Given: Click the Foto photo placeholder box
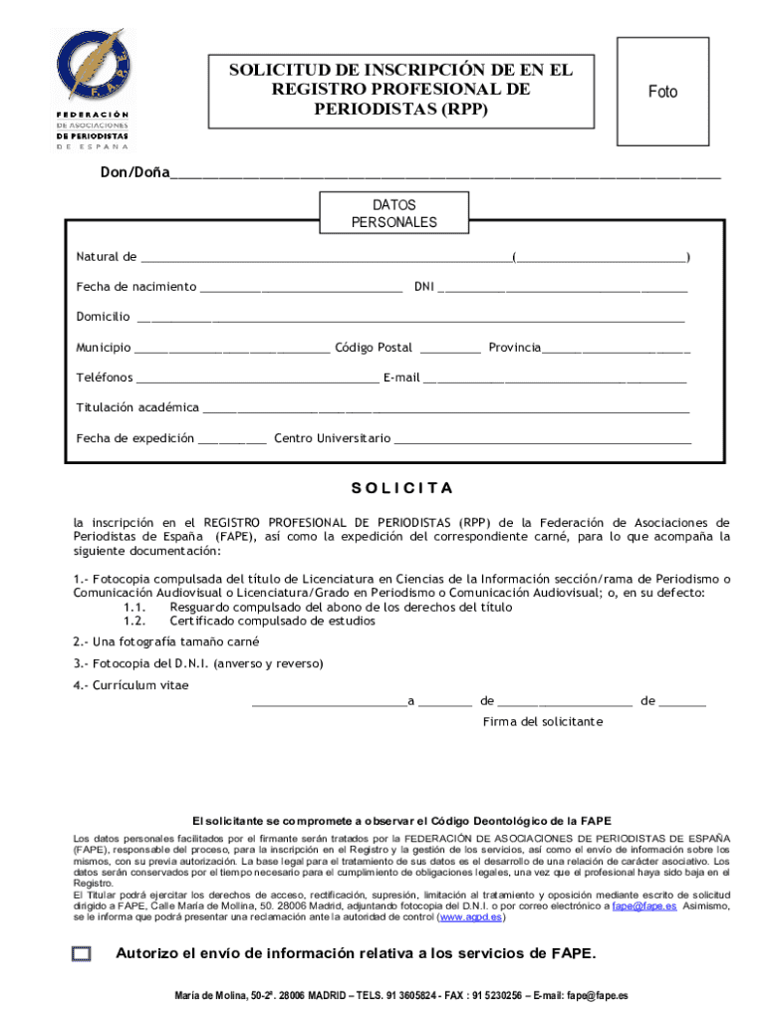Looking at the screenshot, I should pyautogui.click(x=662, y=92).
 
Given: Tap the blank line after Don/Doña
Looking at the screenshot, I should pyautogui.click(x=444, y=174).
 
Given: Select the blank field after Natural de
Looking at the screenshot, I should pyautogui.click(x=325, y=259).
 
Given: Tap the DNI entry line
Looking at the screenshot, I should pyautogui.click(x=562, y=289).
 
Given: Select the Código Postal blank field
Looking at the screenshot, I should pyautogui.click(x=450, y=350).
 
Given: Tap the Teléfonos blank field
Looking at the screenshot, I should pyautogui.click(x=257, y=380).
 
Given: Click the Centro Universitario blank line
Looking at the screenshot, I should pyautogui.click(x=543, y=440).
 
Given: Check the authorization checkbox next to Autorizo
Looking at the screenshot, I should pyautogui.click(x=81, y=954).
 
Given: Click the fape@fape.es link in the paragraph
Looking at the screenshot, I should pyautogui.click(x=644, y=907).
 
